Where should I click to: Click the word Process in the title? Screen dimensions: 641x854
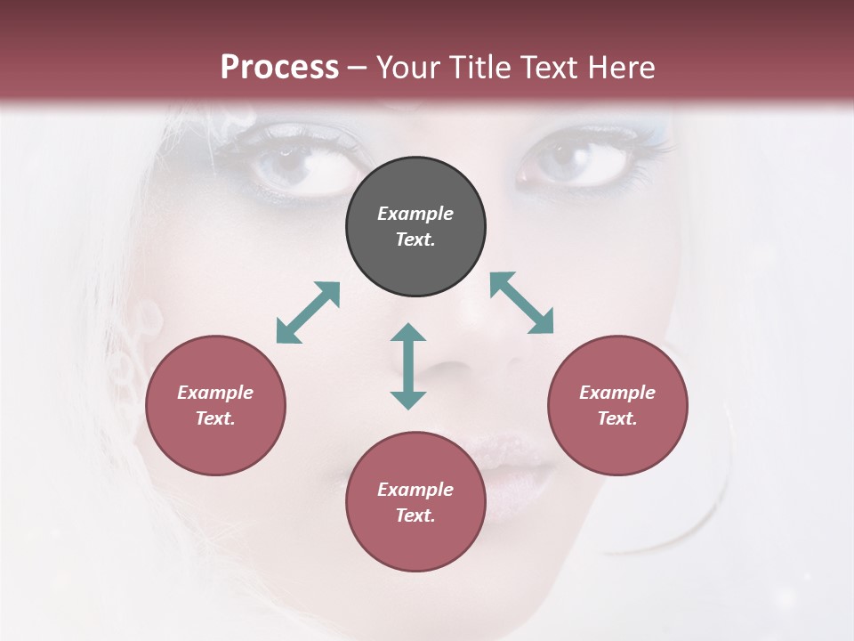(279, 68)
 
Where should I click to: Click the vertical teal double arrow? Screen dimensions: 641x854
(408, 366)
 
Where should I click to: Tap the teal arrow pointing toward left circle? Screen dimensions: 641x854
(308, 312)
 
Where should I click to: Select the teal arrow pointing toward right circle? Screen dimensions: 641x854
(522, 303)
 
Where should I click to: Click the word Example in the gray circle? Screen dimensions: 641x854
(415, 214)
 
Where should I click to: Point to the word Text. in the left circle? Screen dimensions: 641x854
(215, 418)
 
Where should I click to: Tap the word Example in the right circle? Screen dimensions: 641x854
(617, 393)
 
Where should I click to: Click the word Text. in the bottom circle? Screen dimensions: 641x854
(415, 515)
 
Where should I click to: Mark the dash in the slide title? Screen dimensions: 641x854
(357, 68)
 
